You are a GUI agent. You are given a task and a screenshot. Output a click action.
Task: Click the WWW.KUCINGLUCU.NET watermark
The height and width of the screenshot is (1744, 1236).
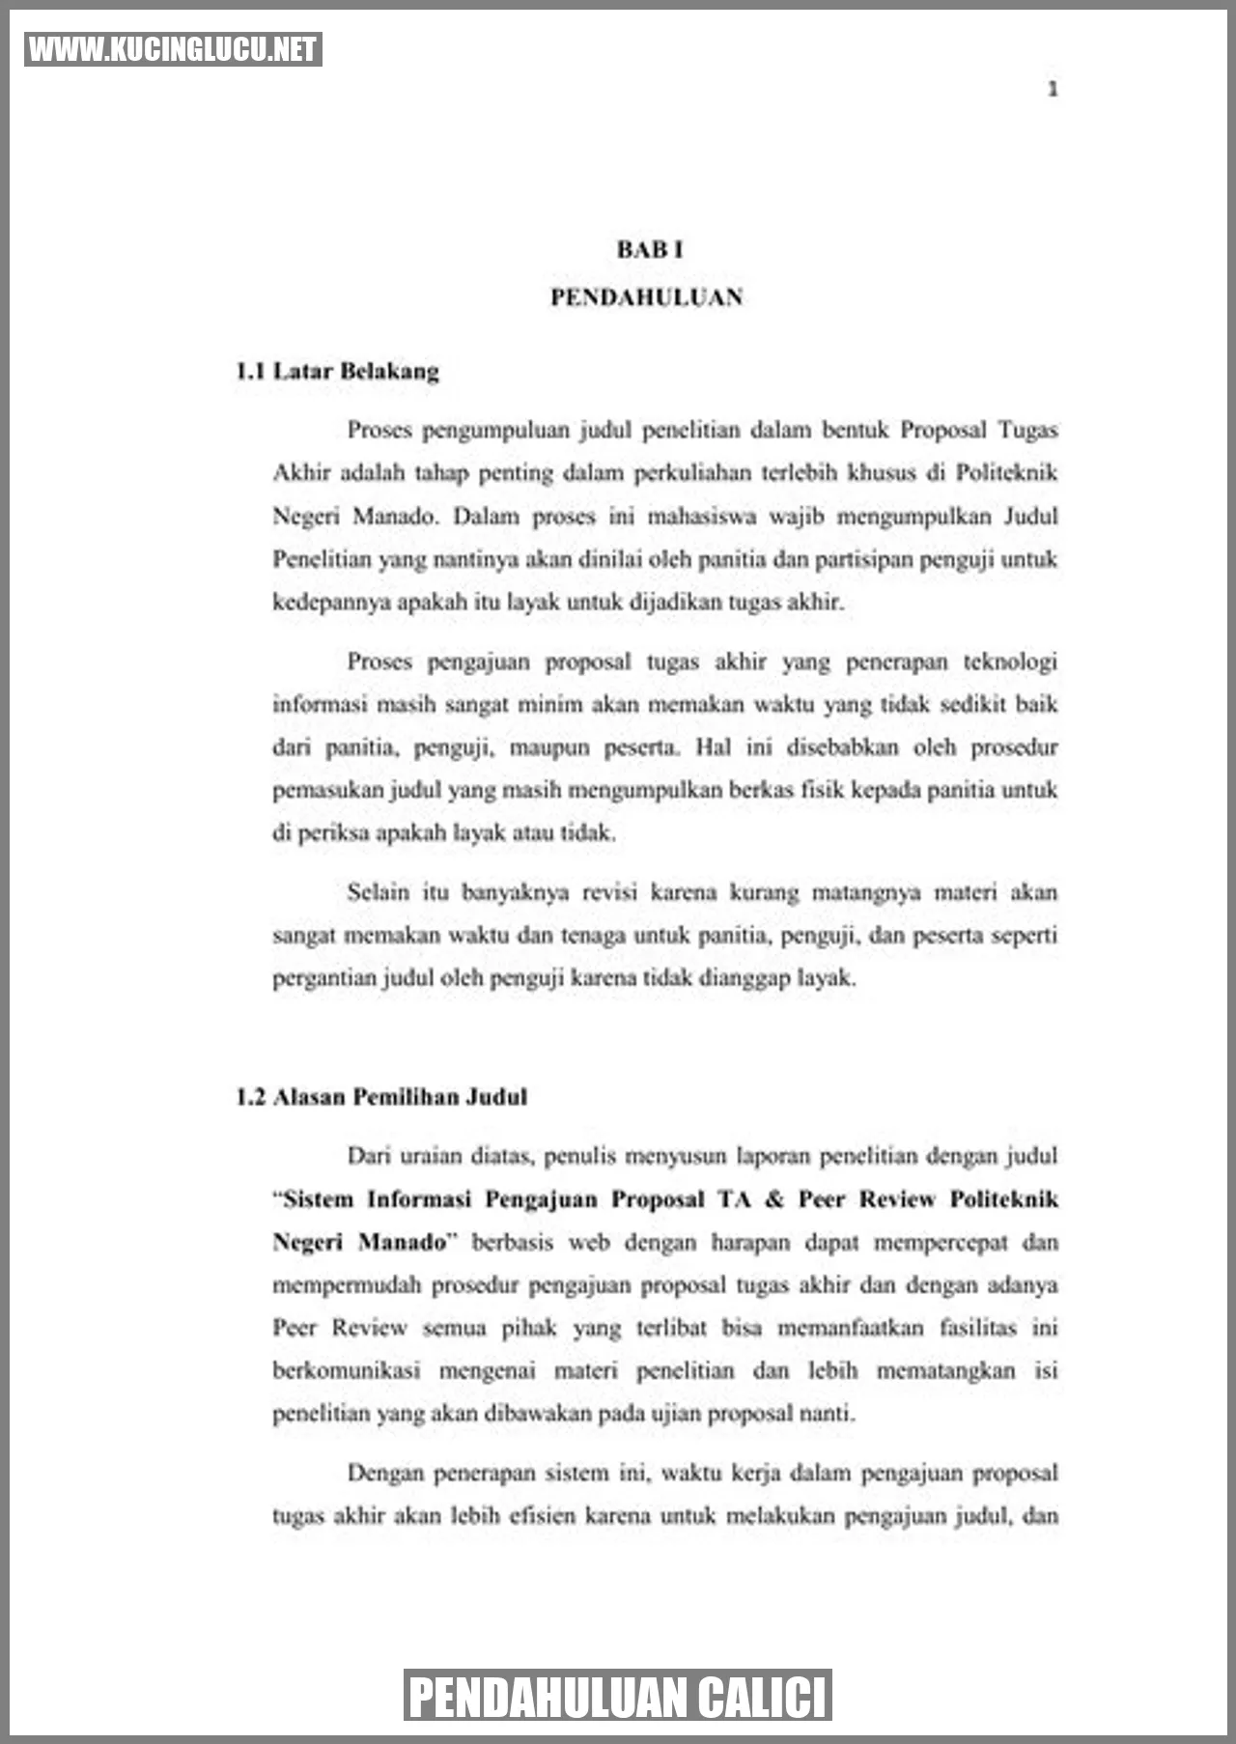[x=173, y=49]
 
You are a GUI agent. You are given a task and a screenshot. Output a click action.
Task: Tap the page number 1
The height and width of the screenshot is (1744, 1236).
[x=1053, y=90]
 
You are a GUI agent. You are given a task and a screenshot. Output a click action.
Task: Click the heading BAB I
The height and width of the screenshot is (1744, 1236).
[x=650, y=249]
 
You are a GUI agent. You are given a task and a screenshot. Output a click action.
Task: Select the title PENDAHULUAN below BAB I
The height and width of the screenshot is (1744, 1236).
[x=646, y=297]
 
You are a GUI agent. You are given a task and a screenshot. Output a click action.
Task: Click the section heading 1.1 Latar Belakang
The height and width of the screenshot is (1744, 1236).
[x=337, y=371]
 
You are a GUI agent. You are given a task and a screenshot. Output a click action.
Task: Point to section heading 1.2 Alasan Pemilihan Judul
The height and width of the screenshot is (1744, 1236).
[x=381, y=1097]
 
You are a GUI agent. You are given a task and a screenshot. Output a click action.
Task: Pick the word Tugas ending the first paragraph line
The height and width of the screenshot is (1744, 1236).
[x=1027, y=430]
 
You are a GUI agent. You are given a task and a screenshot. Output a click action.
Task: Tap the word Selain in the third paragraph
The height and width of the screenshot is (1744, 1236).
[x=378, y=892]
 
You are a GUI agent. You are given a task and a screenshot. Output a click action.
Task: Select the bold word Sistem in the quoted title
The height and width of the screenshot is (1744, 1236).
[x=319, y=1199]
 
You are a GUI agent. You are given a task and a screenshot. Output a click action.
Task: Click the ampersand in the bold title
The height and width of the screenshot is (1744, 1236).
[x=773, y=1199]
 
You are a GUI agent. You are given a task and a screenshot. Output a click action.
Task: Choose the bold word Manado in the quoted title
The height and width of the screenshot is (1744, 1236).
[x=402, y=1242]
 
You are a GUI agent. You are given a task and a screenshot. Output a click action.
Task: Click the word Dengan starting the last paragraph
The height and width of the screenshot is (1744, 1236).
[x=383, y=1474]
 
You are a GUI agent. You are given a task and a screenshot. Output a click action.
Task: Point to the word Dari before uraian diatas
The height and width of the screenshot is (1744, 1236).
[x=368, y=1156]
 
